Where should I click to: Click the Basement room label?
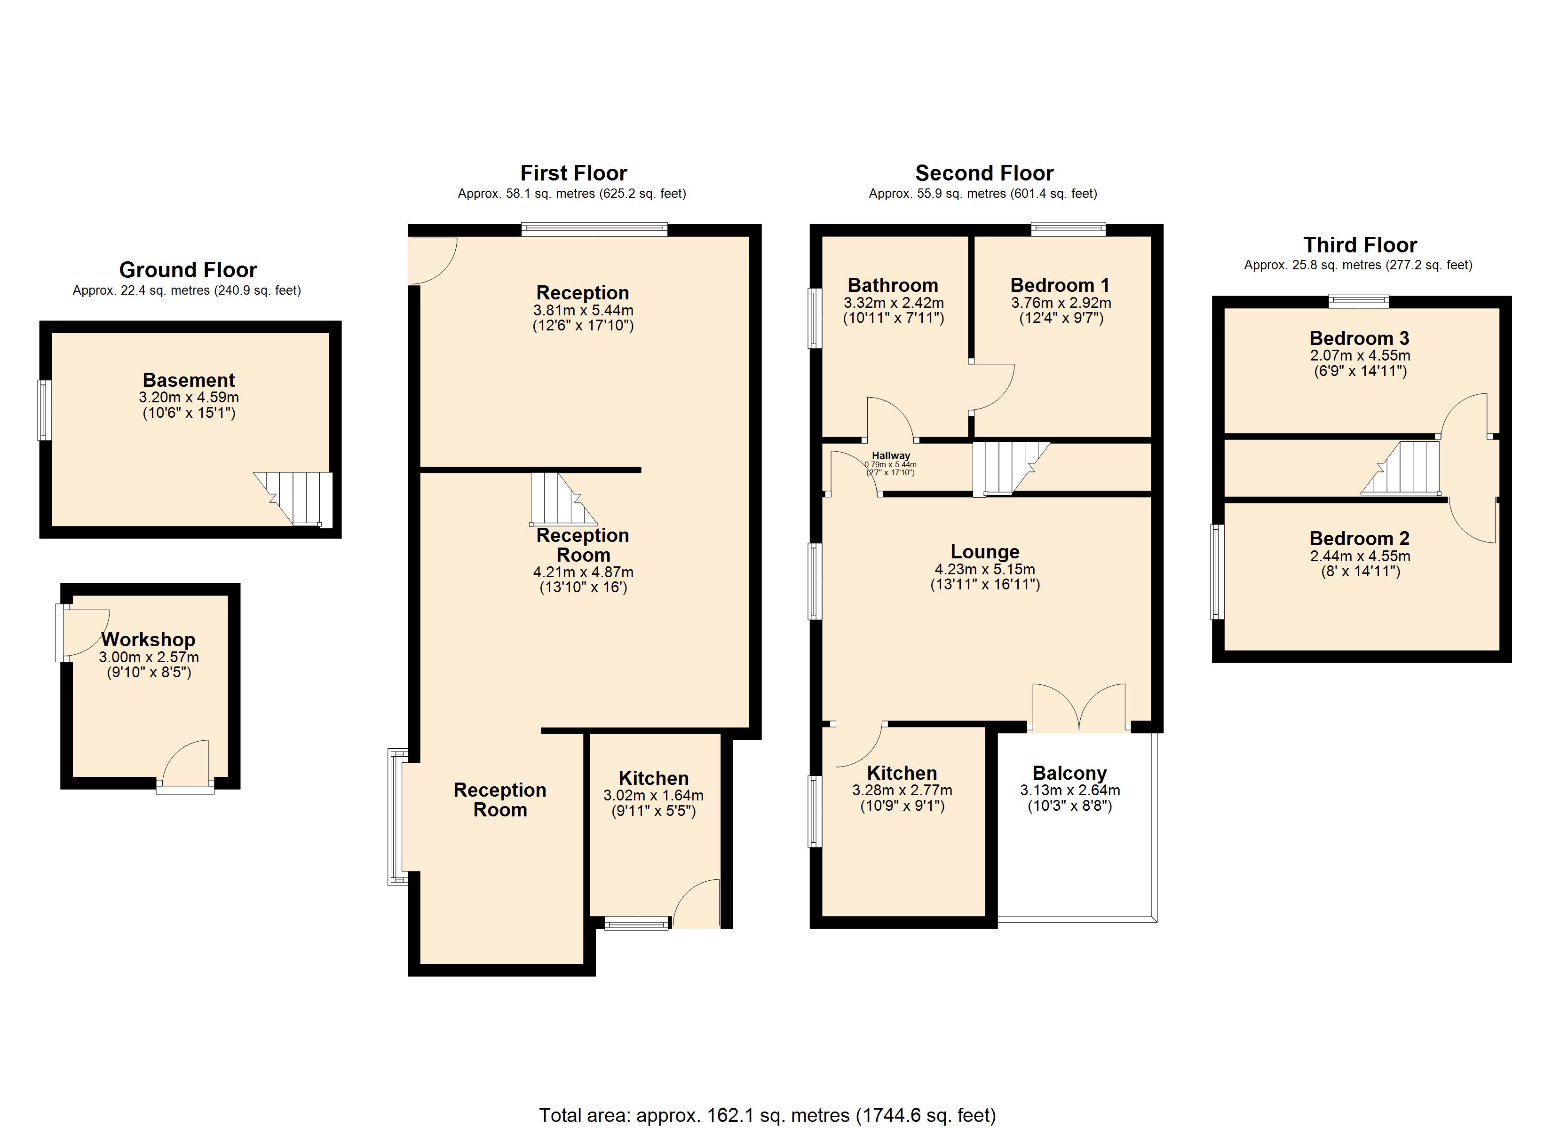point(189,380)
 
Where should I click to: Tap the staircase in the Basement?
point(293,499)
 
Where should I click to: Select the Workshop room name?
point(149,640)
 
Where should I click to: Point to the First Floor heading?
point(573,172)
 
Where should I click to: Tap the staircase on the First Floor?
point(563,499)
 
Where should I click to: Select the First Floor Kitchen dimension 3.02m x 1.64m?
point(654,796)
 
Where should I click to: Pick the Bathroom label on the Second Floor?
point(893,285)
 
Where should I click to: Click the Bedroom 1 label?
point(1060,285)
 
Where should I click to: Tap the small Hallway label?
point(891,455)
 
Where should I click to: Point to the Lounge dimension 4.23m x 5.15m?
point(985,569)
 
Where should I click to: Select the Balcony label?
point(1069,773)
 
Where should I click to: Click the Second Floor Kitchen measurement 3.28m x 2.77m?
point(902,790)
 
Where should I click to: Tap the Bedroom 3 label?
point(1359,338)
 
